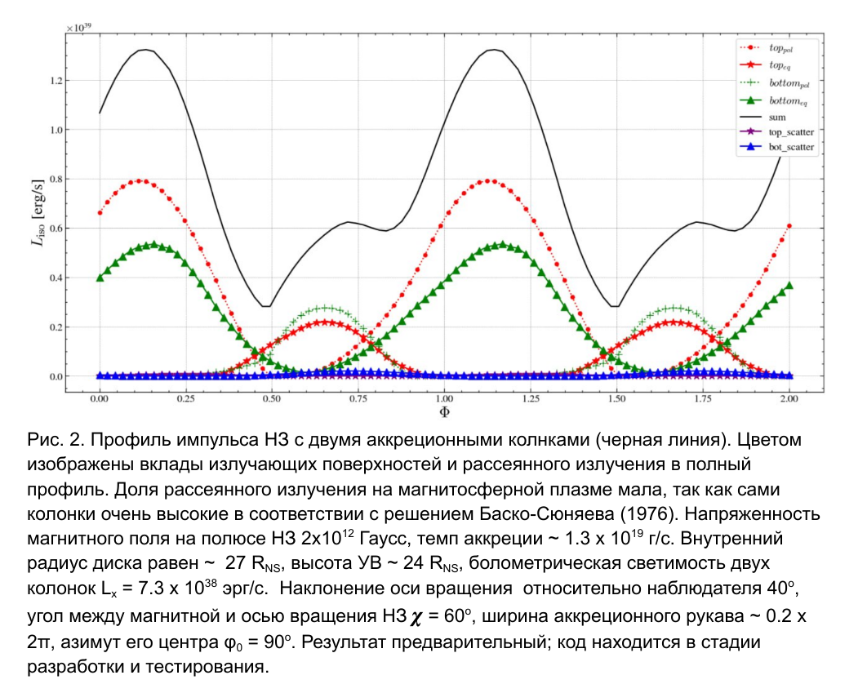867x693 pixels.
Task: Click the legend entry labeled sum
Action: [776, 117]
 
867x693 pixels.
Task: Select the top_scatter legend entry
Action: [791, 131]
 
